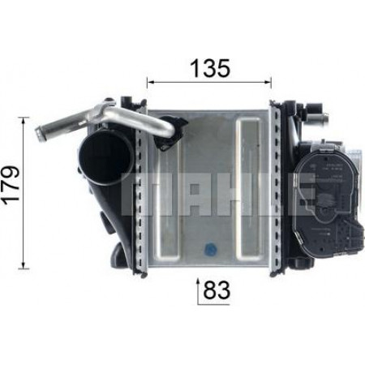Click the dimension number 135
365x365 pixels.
(211, 68)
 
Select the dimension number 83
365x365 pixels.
(217, 290)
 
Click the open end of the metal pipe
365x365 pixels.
(38, 132)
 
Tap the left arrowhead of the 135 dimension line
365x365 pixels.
(150, 81)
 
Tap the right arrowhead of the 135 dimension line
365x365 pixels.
(268, 81)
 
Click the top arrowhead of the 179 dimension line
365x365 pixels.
(24, 121)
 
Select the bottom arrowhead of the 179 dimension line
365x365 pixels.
(24, 265)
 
